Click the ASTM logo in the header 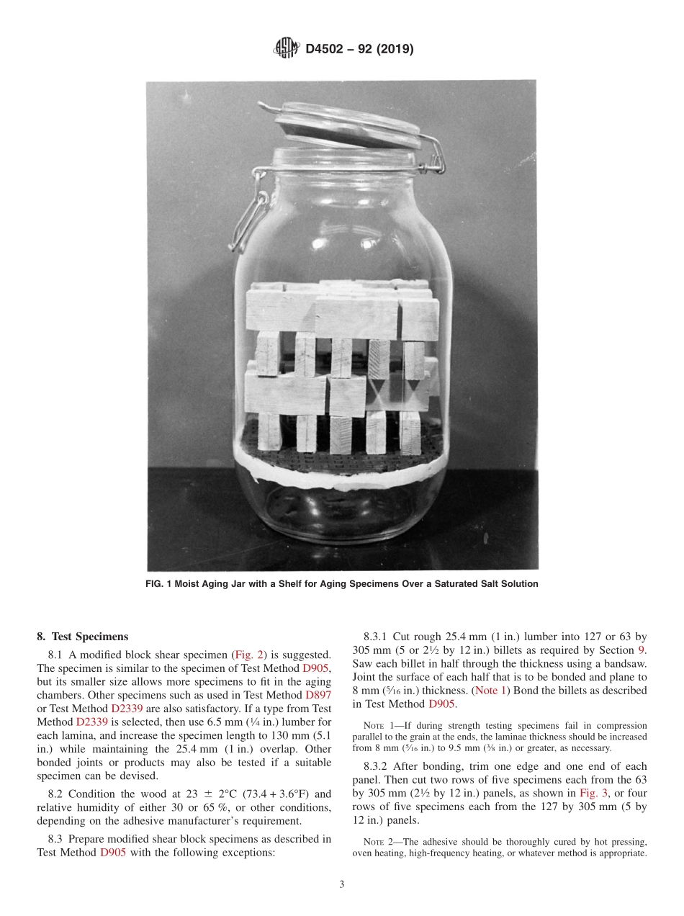[x=287, y=49]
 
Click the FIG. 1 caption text [x=342, y=584]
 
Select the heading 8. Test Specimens [x=82, y=637]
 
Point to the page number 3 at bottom [x=342, y=885]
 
